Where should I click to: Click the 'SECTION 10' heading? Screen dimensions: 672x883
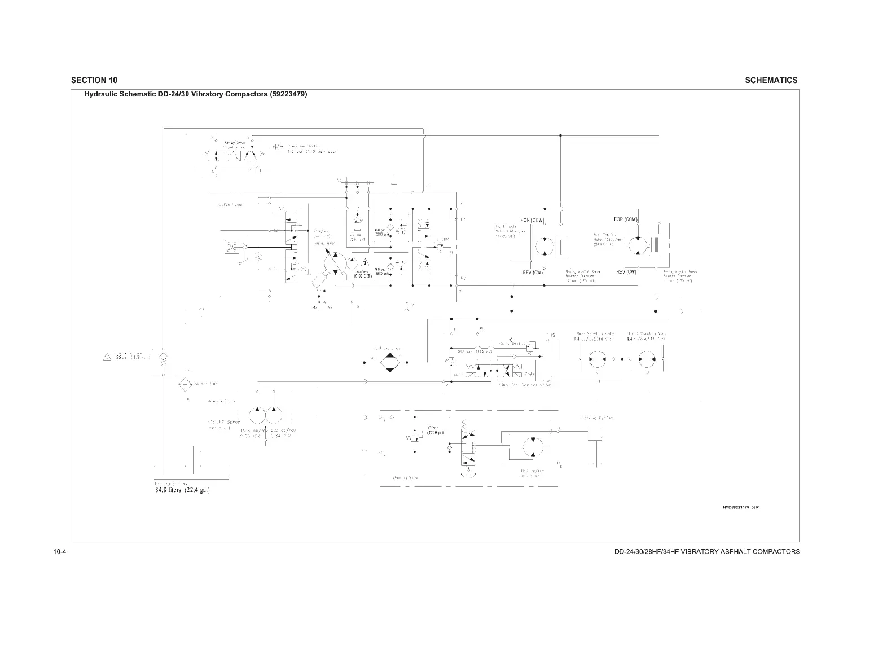tap(95, 80)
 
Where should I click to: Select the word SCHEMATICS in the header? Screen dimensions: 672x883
tap(771, 80)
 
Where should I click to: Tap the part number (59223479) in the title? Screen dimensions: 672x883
tap(288, 94)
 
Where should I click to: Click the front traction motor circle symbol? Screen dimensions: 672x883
tap(544, 244)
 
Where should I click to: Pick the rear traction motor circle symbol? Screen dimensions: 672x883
tap(636, 244)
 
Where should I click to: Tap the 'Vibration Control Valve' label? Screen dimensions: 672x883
tap(524, 385)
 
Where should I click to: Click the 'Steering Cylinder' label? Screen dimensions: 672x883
tap(598, 418)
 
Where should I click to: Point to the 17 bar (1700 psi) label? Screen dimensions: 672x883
tap(435, 431)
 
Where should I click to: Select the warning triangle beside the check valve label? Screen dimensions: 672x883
tap(106, 357)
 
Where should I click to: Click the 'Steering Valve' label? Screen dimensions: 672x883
tap(405, 477)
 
